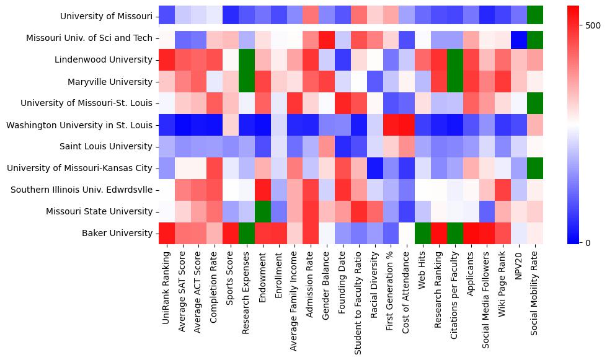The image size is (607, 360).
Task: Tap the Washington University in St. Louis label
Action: [x=79, y=125]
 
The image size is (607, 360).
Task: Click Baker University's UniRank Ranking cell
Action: [x=166, y=233]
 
